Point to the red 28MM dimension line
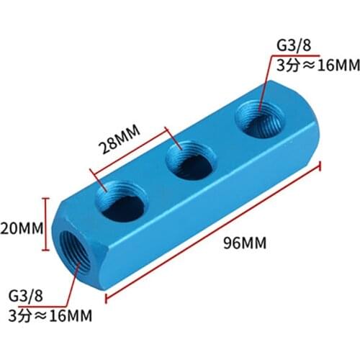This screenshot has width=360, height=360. (130, 152)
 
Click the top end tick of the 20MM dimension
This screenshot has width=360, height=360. (47, 199)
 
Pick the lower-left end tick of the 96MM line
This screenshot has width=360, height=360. (106, 295)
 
